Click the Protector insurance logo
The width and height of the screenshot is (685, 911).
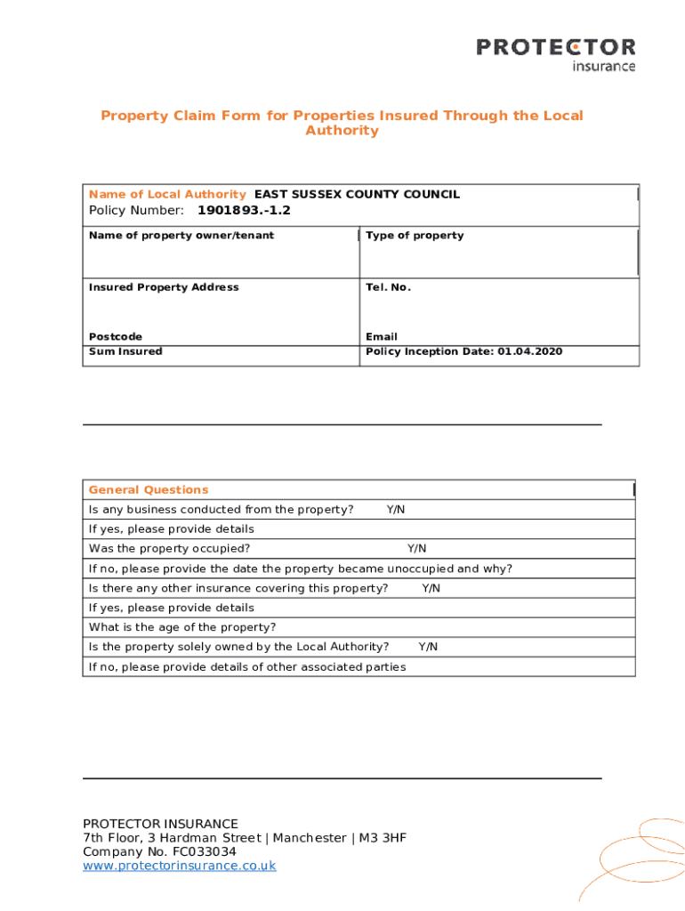click(x=556, y=52)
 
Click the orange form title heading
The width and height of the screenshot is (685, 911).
click(x=342, y=123)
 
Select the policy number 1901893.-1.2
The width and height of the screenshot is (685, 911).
click(x=243, y=211)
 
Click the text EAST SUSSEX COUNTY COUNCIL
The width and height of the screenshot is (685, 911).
click(x=357, y=194)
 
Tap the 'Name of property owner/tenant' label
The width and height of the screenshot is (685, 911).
click(x=181, y=236)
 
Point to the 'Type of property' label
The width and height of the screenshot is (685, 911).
click(x=415, y=236)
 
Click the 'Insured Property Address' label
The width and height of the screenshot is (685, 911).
click(x=164, y=287)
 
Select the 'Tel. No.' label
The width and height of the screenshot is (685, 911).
click(x=388, y=287)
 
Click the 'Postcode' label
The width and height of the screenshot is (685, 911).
click(x=116, y=337)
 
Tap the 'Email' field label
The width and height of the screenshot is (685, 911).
click(x=382, y=337)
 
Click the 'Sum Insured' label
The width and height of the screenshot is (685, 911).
click(x=125, y=351)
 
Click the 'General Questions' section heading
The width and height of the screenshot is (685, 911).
click(x=149, y=490)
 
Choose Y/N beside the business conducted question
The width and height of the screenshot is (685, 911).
click(x=396, y=510)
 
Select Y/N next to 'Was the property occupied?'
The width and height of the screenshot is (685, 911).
click(x=416, y=549)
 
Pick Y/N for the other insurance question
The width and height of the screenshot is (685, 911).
click(x=431, y=588)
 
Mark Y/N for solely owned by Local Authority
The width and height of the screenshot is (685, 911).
click(x=428, y=647)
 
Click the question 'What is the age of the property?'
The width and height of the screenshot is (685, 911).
click(x=182, y=627)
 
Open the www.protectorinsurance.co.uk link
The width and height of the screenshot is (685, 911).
click(x=180, y=866)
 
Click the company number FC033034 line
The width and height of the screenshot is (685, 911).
click(x=160, y=851)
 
